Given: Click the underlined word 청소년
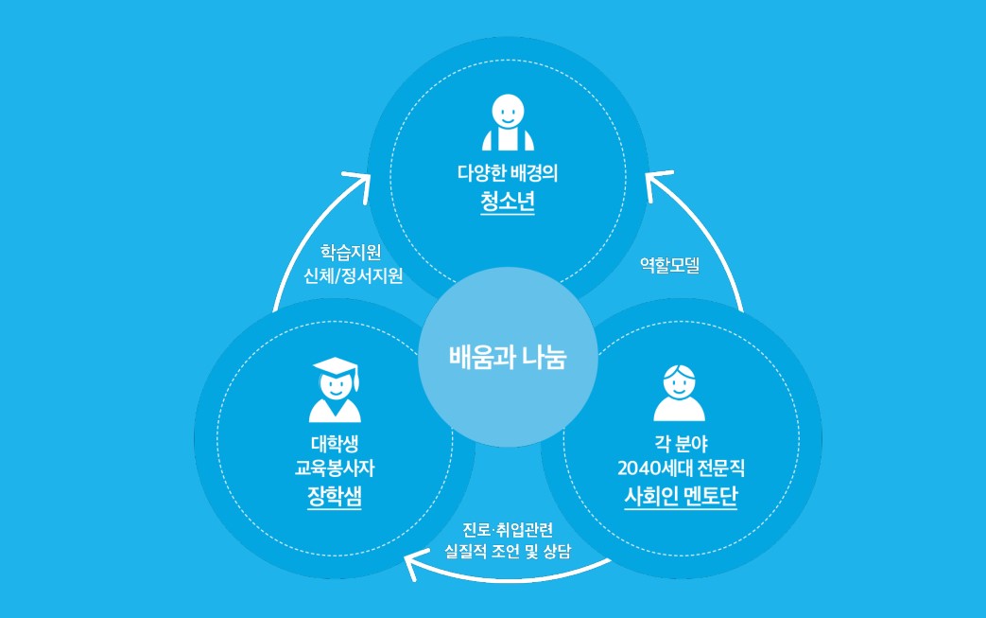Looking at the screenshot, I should [508, 203].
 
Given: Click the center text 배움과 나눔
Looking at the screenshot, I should [508, 359].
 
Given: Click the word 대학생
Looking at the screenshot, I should [335, 443].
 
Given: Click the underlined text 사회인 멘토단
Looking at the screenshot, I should [681, 495].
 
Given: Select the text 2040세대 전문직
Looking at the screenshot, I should [681, 468].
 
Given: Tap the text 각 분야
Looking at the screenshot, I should [681, 442].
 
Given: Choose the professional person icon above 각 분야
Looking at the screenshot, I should [680, 392].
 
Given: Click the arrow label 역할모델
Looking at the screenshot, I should [669, 267].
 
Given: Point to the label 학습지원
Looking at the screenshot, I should [351, 252].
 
